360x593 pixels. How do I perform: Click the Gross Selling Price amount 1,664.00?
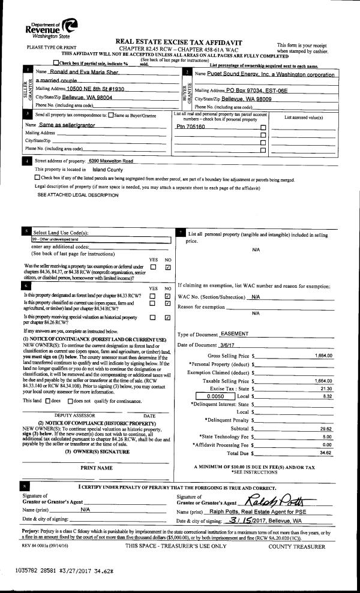coord(323,356)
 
